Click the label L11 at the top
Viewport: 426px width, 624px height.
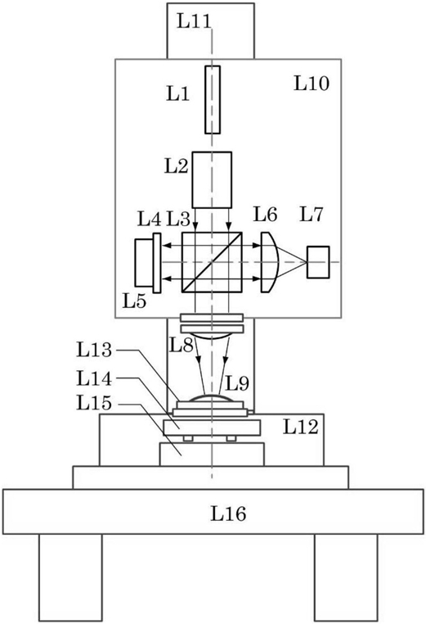194,21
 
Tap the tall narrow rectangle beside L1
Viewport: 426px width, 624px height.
213,99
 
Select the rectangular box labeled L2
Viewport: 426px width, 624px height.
212,180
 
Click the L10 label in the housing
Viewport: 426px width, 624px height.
312,84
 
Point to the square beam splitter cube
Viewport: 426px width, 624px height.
212,262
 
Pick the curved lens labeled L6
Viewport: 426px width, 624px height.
270,262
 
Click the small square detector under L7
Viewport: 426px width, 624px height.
318,262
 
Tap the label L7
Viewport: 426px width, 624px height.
312,215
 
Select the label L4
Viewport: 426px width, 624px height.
149,219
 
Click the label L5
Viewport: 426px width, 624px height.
134,301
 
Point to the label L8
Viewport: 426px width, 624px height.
182,345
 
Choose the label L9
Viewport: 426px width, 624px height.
237,383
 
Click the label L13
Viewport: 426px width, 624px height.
94,350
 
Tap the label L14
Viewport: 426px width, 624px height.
94,378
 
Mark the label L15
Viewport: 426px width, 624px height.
94,404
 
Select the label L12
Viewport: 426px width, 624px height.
300,427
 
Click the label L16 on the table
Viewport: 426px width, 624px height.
228,513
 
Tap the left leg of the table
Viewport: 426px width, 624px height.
70,577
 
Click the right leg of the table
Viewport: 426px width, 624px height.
346,577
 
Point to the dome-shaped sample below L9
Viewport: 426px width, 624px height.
211,398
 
